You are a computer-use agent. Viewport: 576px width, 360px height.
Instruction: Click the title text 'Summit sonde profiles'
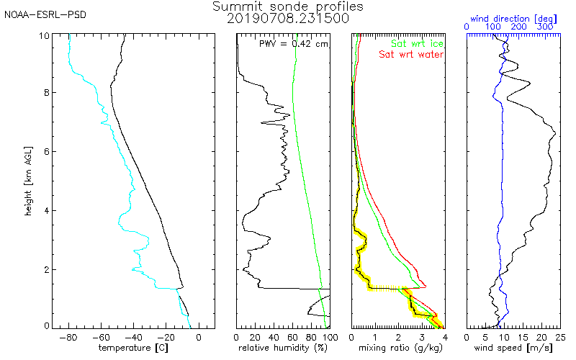288,6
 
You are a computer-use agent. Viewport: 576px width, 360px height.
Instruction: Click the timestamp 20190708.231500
288,19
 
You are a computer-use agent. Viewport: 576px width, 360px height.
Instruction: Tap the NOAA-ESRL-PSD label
35,14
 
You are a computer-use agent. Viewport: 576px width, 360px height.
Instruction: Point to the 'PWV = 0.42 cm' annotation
294,43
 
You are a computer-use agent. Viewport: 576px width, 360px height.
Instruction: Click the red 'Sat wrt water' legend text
411,54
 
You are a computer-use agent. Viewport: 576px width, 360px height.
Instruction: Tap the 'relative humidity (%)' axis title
283,348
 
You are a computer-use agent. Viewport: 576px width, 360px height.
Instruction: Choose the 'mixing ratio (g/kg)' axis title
397,348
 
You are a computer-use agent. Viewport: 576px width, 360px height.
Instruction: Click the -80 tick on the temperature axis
68,336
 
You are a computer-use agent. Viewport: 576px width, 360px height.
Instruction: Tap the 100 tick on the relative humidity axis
328,336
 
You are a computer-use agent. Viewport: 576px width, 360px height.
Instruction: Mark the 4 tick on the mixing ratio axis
444,336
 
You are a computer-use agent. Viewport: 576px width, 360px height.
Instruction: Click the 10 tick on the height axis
42,35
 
